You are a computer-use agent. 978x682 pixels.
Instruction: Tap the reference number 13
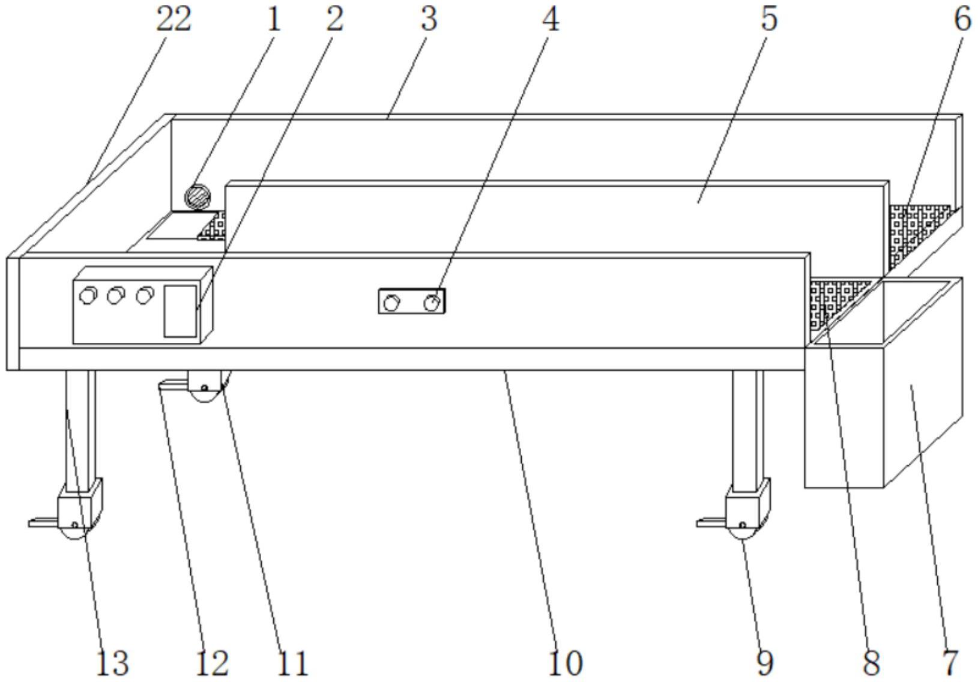(x=112, y=663)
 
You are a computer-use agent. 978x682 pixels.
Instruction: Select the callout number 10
(x=565, y=663)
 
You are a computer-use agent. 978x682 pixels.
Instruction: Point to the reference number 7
(x=949, y=663)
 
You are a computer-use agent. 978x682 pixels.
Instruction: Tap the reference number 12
(x=212, y=663)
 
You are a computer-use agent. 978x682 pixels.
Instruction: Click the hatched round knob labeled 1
(x=197, y=196)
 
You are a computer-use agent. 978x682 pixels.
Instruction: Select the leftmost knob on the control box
(x=88, y=295)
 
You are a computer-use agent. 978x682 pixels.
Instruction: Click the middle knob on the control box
(x=115, y=295)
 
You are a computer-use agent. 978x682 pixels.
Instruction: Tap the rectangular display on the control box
(x=180, y=310)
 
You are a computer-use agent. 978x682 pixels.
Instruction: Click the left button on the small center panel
(x=391, y=303)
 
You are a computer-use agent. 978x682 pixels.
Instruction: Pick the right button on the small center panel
(x=430, y=303)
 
